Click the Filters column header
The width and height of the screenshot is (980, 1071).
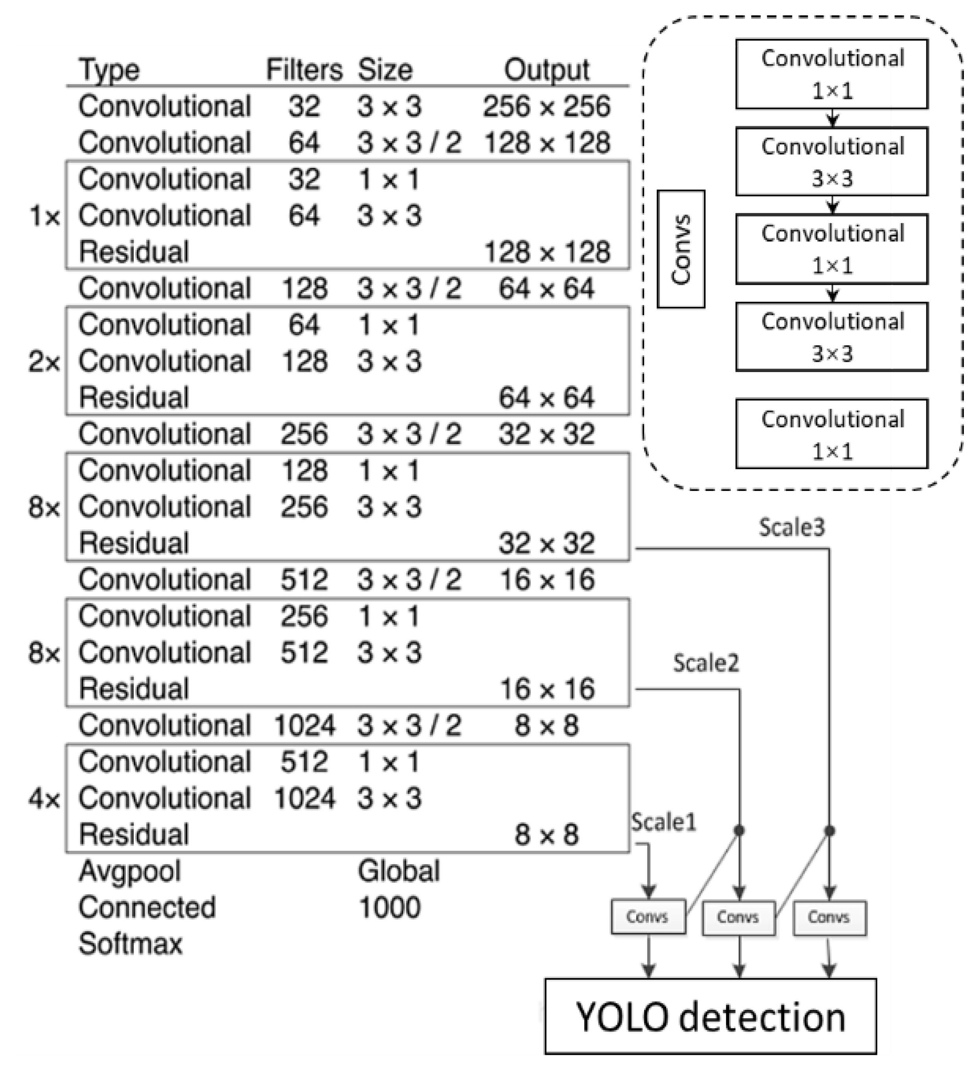coord(304,70)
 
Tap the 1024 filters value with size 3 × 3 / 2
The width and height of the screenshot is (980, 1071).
coord(304,725)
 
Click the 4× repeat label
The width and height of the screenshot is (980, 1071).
coord(44,798)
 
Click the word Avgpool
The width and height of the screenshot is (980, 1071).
coord(130,871)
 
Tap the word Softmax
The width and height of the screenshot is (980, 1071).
coord(131,944)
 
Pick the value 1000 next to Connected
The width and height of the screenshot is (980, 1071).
coord(389,907)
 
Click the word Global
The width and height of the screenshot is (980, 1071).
coord(398,871)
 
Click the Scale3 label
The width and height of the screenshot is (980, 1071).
coord(792,527)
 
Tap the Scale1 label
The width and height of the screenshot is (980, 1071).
coord(663,822)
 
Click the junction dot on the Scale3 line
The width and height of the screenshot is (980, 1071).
coord(830,830)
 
